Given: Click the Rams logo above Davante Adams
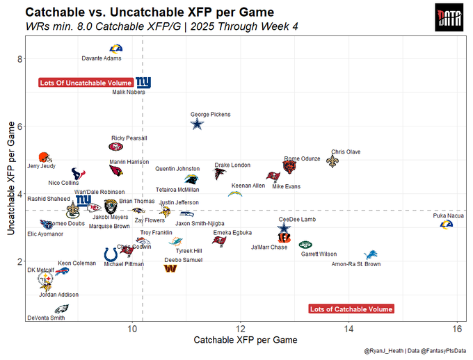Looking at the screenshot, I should [116, 49].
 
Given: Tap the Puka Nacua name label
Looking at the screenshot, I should [447, 216].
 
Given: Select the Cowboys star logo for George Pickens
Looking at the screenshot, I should [198, 124].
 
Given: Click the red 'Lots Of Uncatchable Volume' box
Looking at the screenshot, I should [86, 83].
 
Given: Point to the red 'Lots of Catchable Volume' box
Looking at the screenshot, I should [351, 309].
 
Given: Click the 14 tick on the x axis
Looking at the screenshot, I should [349, 327].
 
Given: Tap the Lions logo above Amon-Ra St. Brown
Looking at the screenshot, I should [371, 254].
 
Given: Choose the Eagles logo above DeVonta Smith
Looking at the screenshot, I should [61, 309].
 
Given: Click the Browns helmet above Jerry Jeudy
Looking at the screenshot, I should [43, 158].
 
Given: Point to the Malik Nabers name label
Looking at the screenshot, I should [128, 92].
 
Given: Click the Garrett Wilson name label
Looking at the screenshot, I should [319, 254].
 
